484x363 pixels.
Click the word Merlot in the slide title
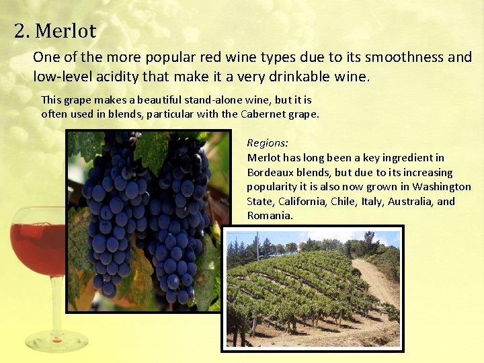[x=66, y=31]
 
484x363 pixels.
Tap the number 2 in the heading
[x=20, y=31]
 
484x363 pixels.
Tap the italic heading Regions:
[x=268, y=143]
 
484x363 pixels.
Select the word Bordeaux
[x=271, y=172]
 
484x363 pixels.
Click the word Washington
[x=442, y=186]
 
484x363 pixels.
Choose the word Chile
[x=343, y=201]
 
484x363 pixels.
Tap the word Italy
[x=373, y=201]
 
